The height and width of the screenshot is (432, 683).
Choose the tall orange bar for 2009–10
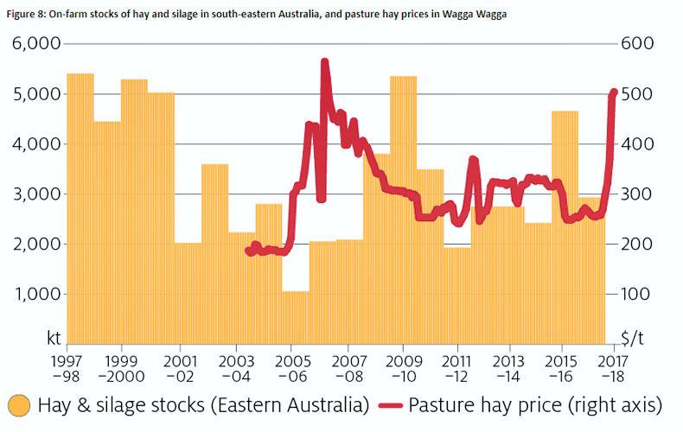(x=403, y=207)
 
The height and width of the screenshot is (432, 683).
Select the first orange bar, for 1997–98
(x=80, y=207)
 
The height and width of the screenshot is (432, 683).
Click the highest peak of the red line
(x=324, y=61)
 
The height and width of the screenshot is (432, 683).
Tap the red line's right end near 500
(x=614, y=92)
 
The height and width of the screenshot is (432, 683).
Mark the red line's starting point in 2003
(x=248, y=251)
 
